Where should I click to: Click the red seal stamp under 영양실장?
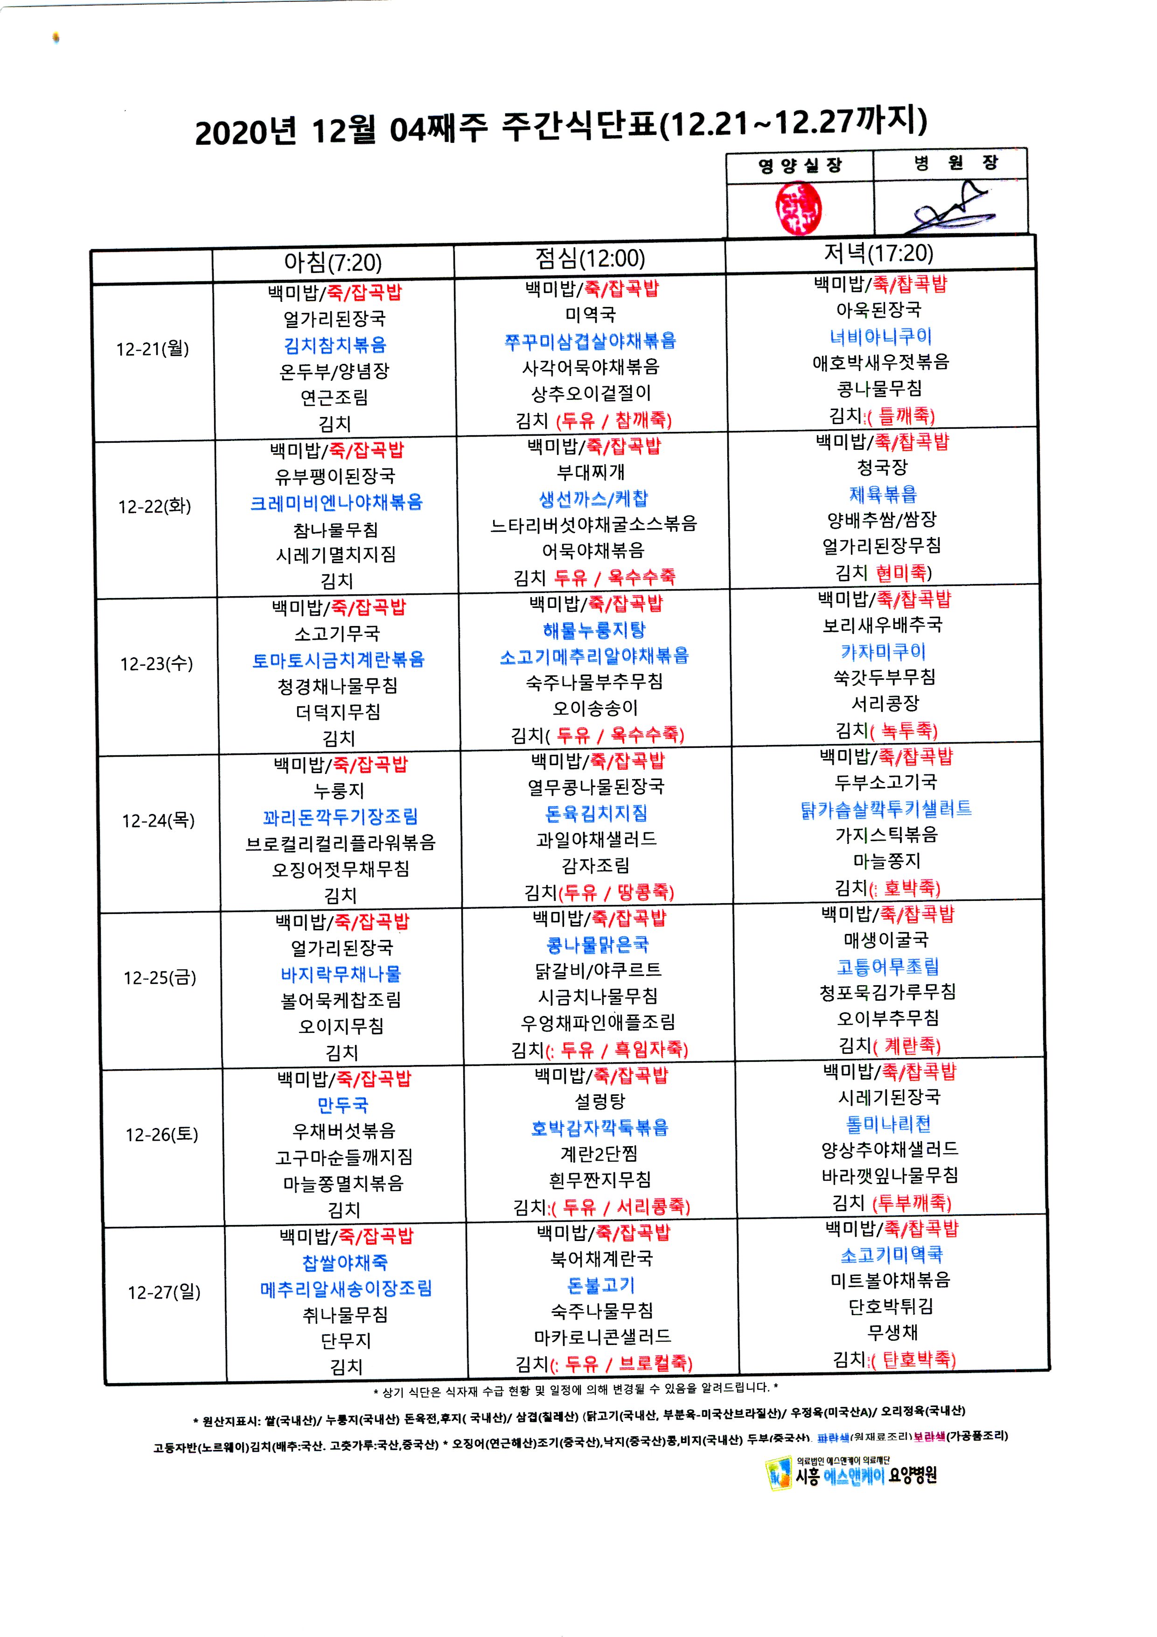pos(798,208)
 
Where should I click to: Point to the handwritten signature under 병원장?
pos(948,210)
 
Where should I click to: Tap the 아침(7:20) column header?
pos(333,262)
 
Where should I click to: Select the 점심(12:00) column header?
pos(590,258)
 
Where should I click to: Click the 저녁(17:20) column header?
pos(878,253)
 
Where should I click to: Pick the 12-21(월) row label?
pos(153,348)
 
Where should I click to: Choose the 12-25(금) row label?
pos(160,977)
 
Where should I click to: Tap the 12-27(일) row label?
pos(164,1292)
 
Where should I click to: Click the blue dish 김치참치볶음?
pos(335,345)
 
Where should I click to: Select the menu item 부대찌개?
pos(591,472)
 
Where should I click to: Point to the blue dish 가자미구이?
pos(883,651)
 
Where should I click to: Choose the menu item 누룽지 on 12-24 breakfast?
pos(339,791)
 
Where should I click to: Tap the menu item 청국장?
pos(882,468)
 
